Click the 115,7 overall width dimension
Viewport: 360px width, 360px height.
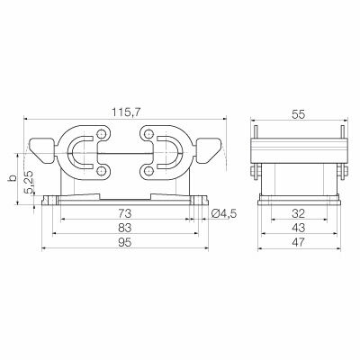pyautogui.click(x=126, y=112)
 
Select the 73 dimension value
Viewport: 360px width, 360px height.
pyautogui.click(x=125, y=213)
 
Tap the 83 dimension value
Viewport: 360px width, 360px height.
pyautogui.click(x=125, y=228)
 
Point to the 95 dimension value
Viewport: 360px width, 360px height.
pyautogui.click(x=125, y=242)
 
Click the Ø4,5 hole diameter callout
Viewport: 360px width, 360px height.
pyautogui.click(x=224, y=213)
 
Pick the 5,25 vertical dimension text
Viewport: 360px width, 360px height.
pyautogui.click(x=31, y=183)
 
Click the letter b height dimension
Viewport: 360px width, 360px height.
pyautogui.click(x=13, y=178)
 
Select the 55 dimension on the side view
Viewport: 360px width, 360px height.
pyautogui.click(x=299, y=114)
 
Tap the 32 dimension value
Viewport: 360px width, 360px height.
pyautogui.click(x=299, y=213)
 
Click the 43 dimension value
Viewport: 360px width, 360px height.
pyautogui.click(x=299, y=228)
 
